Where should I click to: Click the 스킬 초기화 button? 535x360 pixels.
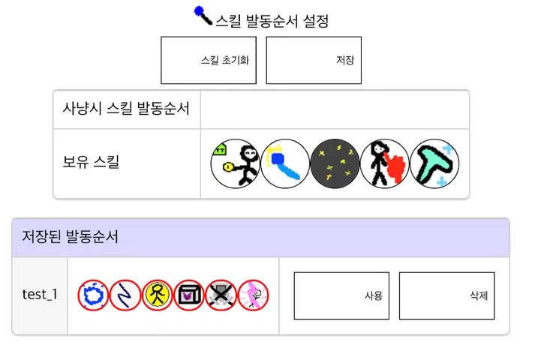(x=209, y=60)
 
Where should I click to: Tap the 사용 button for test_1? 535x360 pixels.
(x=341, y=295)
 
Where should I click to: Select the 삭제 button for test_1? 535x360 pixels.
(x=447, y=295)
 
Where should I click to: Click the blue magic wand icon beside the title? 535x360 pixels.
(x=203, y=15)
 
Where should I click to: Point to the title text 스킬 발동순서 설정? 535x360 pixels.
(x=272, y=21)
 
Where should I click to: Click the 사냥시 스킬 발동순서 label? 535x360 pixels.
(x=126, y=109)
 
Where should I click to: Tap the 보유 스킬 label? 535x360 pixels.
(x=91, y=161)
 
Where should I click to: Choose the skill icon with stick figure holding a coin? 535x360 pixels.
(x=236, y=163)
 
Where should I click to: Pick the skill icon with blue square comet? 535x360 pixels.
(x=285, y=163)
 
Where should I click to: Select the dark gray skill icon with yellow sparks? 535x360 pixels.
(x=335, y=163)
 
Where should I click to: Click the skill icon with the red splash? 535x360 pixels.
(x=385, y=163)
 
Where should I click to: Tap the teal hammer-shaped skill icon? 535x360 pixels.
(x=434, y=163)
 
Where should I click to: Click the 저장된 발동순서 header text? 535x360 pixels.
(x=70, y=236)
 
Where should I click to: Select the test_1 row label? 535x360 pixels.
(x=40, y=295)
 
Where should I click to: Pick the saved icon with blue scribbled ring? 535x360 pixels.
(x=93, y=295)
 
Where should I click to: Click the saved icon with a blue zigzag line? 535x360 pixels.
(x=125, y=295)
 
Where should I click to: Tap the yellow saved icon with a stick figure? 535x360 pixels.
(x=158, y=295)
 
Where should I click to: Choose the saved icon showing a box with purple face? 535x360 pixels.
(x=189, y=295)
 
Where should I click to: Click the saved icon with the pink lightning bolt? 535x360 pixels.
(x=253, y=295)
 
